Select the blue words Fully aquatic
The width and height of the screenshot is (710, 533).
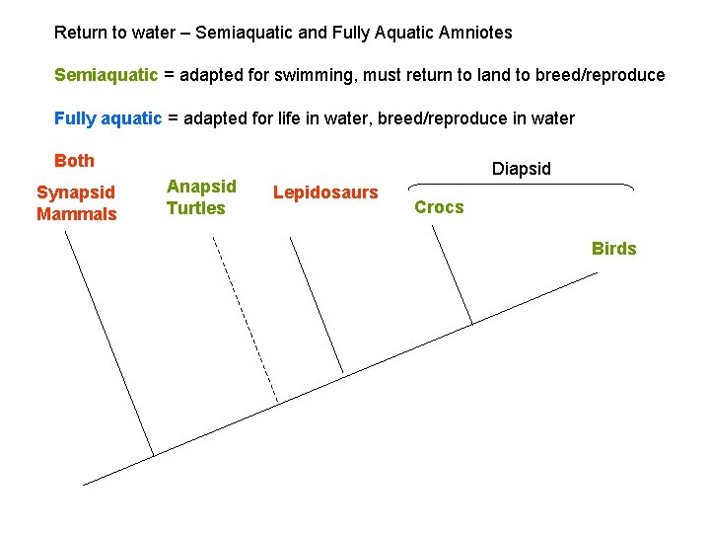(x=107, y=118)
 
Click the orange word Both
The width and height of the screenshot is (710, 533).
(x=74, y=161)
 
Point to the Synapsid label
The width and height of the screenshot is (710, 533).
(x=76, y=192)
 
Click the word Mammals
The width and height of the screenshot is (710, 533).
(x=77, y=214)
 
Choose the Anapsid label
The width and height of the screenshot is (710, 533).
(x=201, y=187)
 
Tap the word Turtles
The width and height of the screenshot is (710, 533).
(x=195, y=208)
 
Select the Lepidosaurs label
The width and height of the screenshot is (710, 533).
(x=325, y=192)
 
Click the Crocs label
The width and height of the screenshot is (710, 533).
(x=439, y=207)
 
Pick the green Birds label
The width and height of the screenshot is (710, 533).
(x=613, y=249)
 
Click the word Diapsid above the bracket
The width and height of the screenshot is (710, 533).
(x=522, y=169)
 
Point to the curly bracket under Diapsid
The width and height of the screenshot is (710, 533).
(x=521, y=185)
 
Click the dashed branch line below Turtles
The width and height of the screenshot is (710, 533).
(x=247, y=321)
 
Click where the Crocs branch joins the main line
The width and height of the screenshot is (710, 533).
(x=472, y=324)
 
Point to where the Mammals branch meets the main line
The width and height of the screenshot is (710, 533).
(x=155, y=455)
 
